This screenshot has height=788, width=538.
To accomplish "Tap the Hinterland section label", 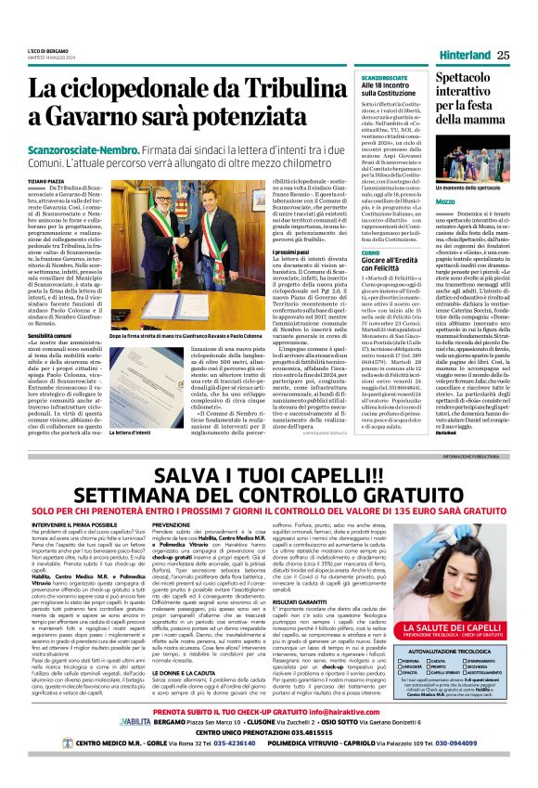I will pos(460,55).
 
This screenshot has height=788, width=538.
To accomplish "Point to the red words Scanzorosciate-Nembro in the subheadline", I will pos(89,149).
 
